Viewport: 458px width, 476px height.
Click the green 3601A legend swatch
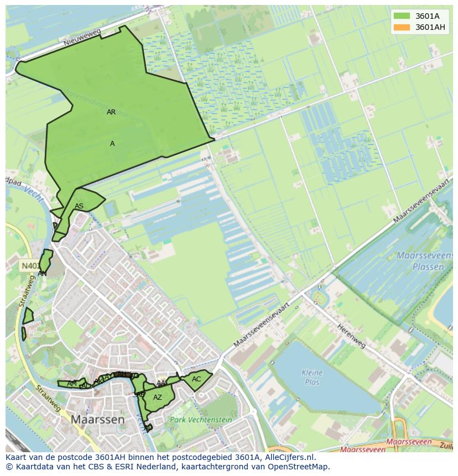[402, 16]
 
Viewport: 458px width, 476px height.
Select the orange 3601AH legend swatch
[402, 27]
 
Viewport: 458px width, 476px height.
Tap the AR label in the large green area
[111, 112]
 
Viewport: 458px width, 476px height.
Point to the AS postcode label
[79, 206]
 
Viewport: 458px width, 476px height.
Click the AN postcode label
[42, 273]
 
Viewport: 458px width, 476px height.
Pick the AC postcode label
[196, 379]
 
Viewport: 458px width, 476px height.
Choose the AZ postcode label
[158, 397]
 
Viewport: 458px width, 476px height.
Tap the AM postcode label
[72, 384]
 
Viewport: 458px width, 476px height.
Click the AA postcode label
[161, 383]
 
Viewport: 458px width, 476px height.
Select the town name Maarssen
[97, 420]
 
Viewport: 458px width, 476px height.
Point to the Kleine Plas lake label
[312, 377]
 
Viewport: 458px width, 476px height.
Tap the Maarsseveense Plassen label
[420, 261]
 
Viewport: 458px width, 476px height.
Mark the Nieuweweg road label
[82, 38]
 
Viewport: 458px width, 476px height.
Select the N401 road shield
[30, 266]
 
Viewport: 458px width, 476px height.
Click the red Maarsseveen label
[409, 442]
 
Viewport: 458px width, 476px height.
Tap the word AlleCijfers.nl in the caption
[288, 457]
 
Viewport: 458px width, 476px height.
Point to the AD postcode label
[148, 427]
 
